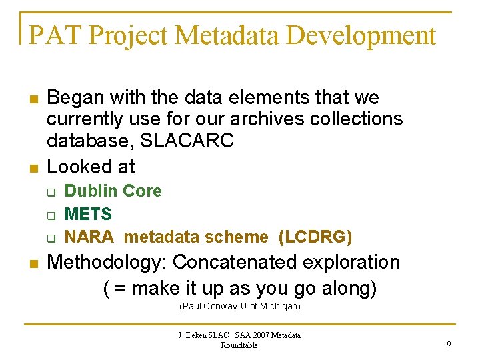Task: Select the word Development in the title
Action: (371, 35)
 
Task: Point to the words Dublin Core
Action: (113, 191)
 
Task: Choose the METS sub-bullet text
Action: (88, 214)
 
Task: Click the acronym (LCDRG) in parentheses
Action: (315, 237)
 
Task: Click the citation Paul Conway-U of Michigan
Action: (240, 306)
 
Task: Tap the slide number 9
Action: (449, 345)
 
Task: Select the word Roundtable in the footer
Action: (239, 345)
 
